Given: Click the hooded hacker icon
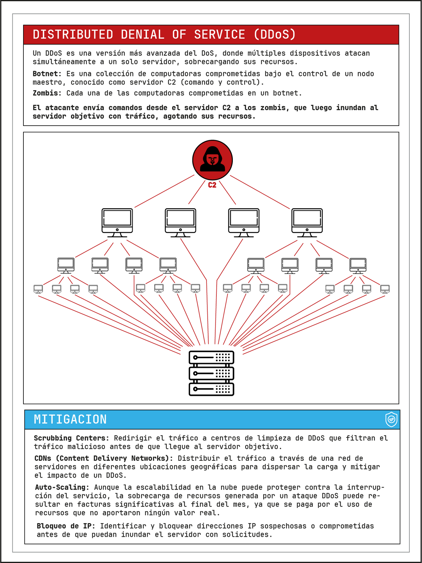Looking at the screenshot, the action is [212, 160].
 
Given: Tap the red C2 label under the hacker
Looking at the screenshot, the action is [212, 185].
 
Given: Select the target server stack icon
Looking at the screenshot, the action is [211, 373].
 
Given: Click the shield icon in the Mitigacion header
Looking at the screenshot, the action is [391, 419].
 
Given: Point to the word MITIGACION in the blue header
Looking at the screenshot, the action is [70, 419].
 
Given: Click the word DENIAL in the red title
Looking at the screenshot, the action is [142, 34].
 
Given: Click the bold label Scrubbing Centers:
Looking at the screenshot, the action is [71, 438].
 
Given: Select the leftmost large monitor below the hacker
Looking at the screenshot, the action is [117, 222].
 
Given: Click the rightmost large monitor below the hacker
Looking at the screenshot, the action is [307, 222].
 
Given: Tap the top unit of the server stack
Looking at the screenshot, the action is [211, 358].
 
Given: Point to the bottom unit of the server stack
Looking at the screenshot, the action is [211, 389].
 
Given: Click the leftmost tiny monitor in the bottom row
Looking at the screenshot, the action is [38, 289].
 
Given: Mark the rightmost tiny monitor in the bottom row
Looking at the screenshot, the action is [385, 289].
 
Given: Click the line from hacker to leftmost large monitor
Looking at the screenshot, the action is [164, 191].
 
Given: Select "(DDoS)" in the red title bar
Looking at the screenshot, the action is [275, 34].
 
